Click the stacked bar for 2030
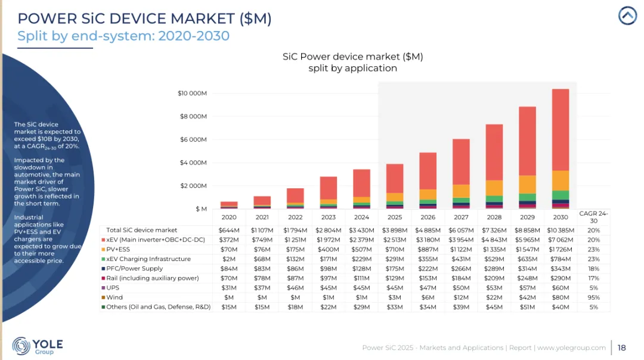[x=560, y=149]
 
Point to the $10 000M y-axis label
[x=192, y=93]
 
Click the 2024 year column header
[x=361, y=218]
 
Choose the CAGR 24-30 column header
[x=593, y=217]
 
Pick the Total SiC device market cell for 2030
[x=561, y=230]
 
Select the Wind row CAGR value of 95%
[x=593, y=297]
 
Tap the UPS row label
[x=114, y=288]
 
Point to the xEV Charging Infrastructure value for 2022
[x=295, y=259]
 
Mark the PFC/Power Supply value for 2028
[x=494, y=269]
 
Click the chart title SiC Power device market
[x=352, y=57]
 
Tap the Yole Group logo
[x=37, y=346]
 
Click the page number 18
[x=622, y=347]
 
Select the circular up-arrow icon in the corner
[x=627, y=15]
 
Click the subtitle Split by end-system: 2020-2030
[x=123, y=36]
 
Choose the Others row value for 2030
[x=561, y=307]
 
